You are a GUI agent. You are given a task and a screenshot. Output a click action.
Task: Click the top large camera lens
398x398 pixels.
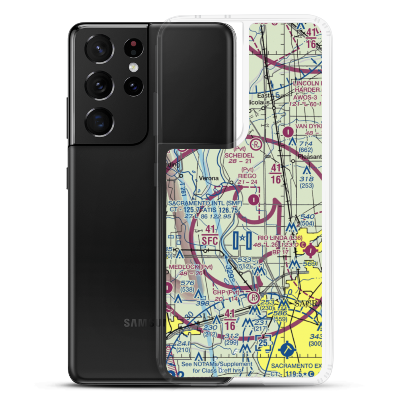coord(99,49)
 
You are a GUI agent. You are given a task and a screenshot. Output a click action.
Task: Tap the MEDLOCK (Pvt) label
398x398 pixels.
coord(186,267)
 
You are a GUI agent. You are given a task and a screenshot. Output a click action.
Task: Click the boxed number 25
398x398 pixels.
coord(263,342)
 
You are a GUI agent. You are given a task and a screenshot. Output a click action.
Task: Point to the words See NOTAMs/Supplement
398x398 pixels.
coord(217,364)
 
